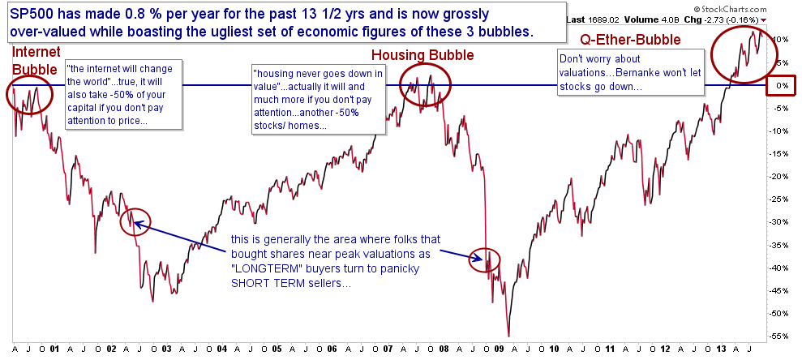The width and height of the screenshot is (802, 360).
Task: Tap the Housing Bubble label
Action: click(x=414, y=55)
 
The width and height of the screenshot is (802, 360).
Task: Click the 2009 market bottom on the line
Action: click(x=508, y=336)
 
